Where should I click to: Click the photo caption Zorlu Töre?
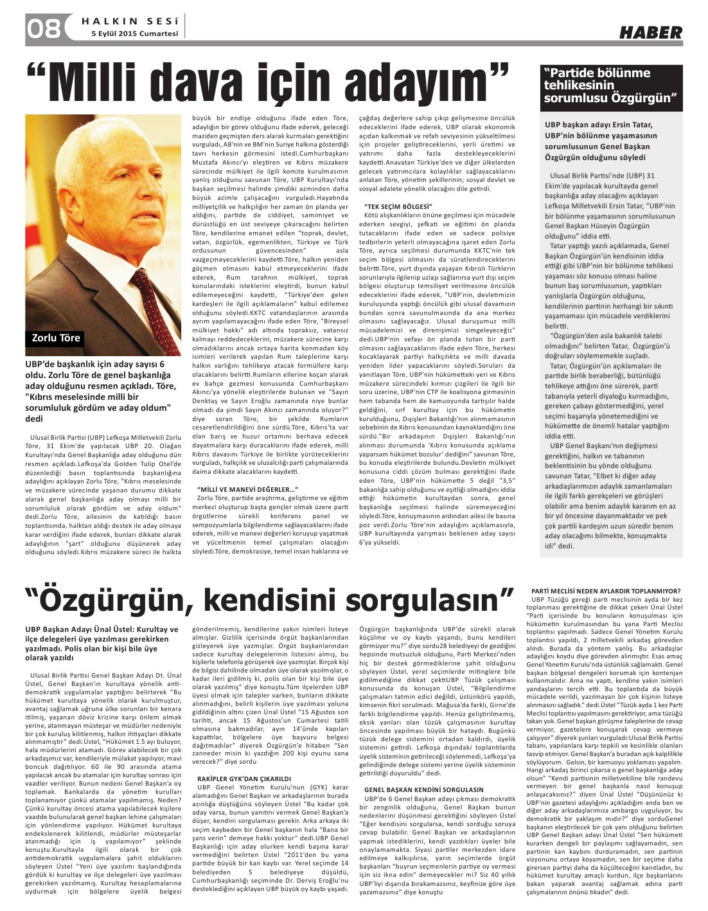coord(57,338)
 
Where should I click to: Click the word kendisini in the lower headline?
coord(267,601)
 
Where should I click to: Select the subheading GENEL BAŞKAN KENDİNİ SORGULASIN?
coord(423,789)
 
